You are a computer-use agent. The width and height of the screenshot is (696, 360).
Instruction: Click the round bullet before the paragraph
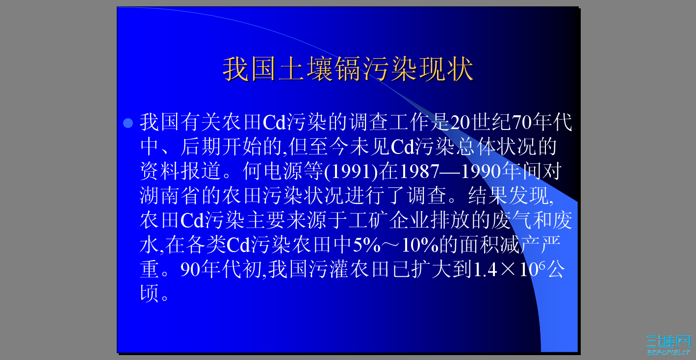128,123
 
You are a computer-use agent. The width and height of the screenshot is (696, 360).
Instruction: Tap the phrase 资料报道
180,172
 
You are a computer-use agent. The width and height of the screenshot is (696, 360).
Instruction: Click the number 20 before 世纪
460,123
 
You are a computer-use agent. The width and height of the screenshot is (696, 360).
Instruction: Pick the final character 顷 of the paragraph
150,294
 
